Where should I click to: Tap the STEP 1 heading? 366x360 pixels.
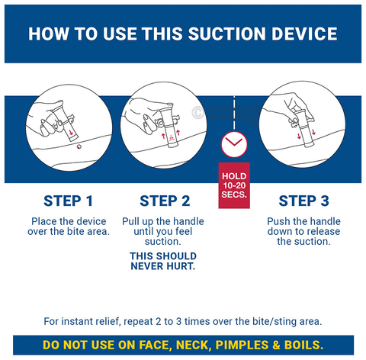click(69, 201)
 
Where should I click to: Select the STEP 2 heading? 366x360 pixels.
click(165, 201)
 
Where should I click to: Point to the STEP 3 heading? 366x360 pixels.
click(303, 201)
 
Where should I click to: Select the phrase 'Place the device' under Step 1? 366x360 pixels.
click(69, 221)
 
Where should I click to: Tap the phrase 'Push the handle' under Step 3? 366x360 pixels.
click(303, 221)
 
